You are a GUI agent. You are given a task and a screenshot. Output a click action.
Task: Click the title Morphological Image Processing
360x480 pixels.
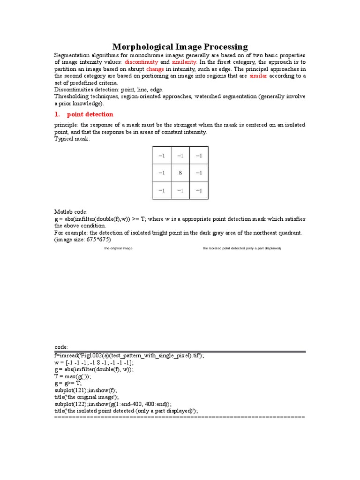(180, 46)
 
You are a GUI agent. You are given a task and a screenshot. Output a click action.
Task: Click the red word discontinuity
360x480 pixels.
(141, 62)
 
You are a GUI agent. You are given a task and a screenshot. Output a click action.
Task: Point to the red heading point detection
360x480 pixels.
(90, 114)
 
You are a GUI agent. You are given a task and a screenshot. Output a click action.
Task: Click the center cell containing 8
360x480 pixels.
(180, 173)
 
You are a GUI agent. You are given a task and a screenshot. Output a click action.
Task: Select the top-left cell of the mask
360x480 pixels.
(161, 155)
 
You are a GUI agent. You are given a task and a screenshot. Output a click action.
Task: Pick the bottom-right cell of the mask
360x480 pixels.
(199, 190)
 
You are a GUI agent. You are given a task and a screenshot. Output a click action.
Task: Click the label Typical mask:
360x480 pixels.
(72, 139)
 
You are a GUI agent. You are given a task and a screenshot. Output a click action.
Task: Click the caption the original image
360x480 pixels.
(118, 248)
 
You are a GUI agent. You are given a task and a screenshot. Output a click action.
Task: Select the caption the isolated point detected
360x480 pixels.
(241, 248)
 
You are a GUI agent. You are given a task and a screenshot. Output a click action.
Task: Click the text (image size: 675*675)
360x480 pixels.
(83, 240)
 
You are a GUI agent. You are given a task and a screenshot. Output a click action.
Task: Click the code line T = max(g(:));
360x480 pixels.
(73, 376)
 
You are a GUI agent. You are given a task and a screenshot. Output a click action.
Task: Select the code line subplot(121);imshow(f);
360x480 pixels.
(86, 390)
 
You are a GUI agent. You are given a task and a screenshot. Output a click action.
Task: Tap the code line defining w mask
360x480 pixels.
(94, 363)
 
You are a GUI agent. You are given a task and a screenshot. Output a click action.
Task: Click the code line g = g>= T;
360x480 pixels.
(68, 383)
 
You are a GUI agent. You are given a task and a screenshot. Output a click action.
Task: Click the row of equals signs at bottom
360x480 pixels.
(180, 417)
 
